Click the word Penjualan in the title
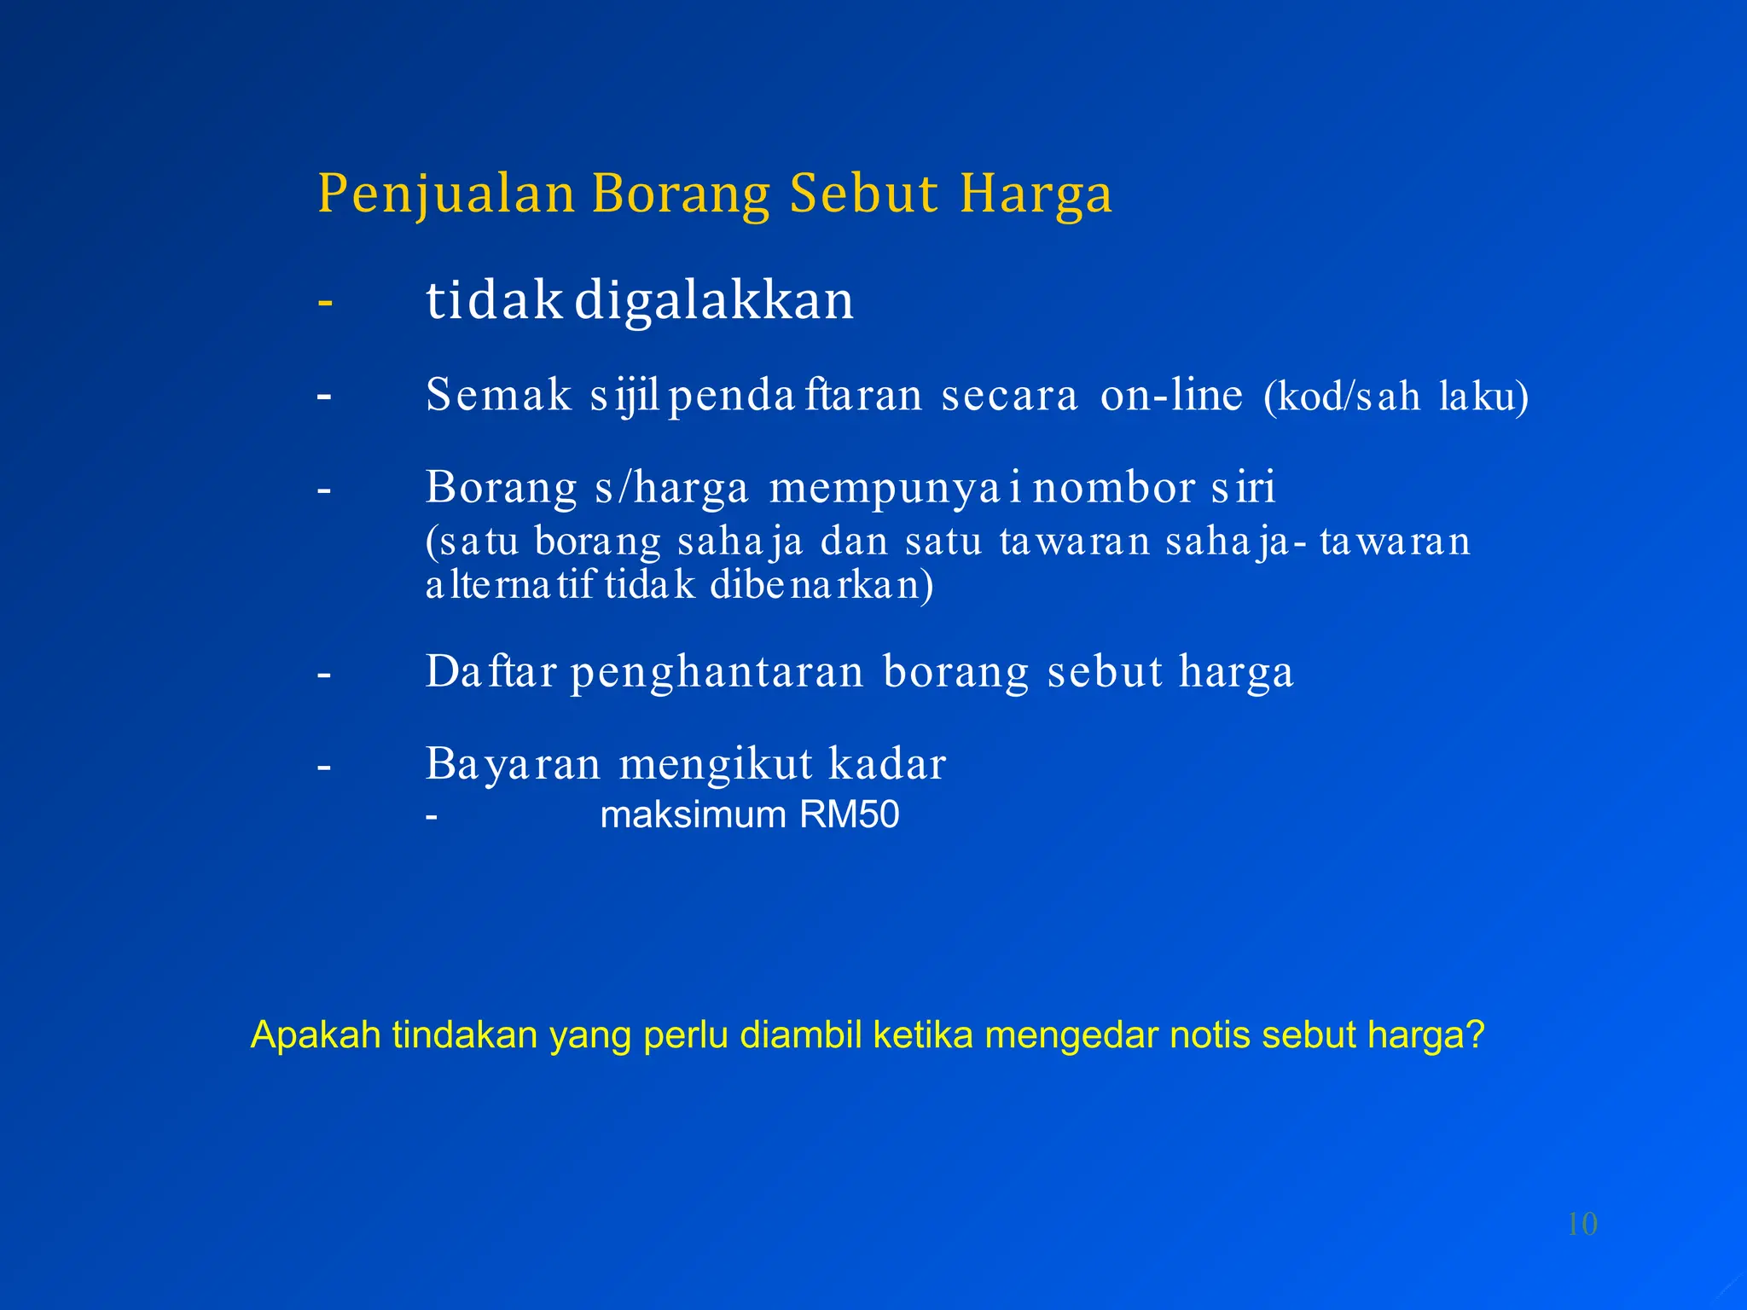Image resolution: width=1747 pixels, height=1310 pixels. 446,194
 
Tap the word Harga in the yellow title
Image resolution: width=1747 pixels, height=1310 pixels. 1036,194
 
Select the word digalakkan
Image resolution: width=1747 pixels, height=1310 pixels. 714,301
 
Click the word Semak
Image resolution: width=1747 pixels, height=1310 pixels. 498,395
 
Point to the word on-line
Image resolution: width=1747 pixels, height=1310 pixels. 1171,395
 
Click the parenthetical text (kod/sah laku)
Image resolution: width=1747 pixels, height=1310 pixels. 1396,397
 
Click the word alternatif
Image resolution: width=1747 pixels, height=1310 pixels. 509,585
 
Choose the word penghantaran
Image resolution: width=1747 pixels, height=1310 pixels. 717,672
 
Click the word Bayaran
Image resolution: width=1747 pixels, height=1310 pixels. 514,764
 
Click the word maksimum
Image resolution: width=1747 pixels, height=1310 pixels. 693,815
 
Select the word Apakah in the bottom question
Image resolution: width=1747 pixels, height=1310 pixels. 316,1035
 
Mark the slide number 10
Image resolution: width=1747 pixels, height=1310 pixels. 1582,1225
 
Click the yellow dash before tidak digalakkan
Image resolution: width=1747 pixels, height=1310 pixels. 324,302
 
